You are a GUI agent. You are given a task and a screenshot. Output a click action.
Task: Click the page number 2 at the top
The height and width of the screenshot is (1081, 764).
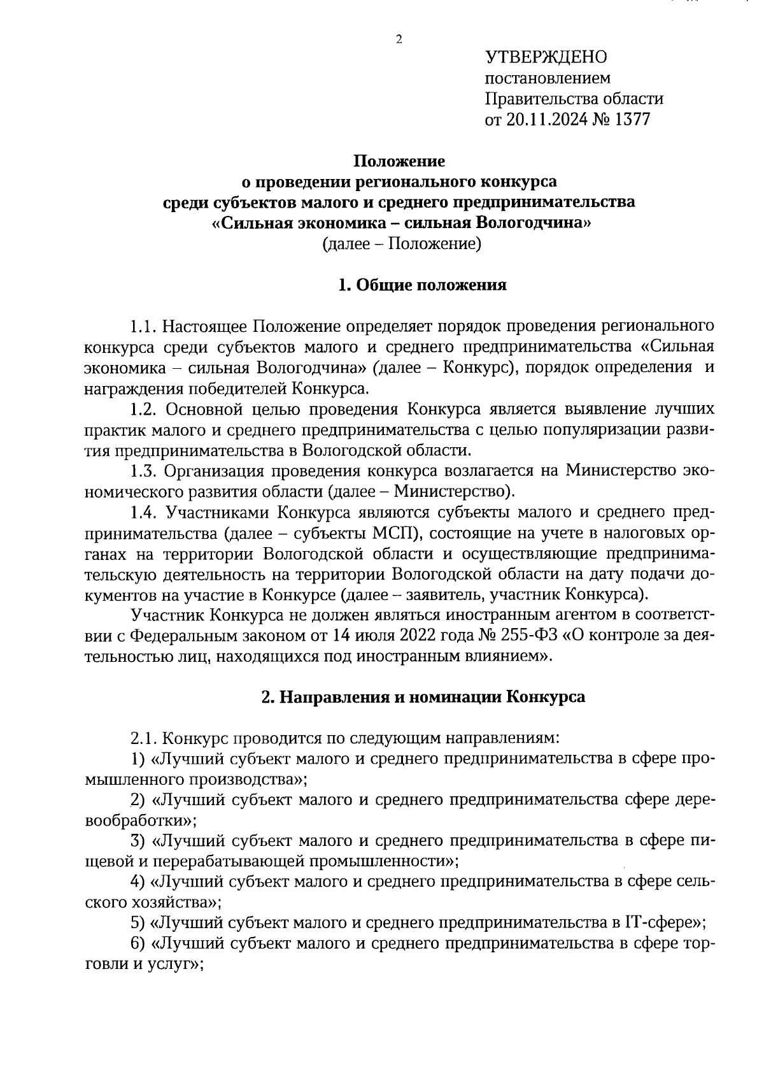point(399,40)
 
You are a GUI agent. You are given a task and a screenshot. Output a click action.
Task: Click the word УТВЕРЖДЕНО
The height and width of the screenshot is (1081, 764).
point(546,57)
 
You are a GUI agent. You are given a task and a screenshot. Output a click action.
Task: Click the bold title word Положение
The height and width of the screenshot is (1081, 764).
point(400,161)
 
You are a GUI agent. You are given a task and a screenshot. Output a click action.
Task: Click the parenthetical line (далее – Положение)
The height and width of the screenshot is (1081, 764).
point(401,244)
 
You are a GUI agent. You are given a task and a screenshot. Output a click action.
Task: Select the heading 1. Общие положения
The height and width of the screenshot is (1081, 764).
point(422,285)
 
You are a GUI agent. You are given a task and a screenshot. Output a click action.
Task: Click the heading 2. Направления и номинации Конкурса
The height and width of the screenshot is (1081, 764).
point(423,697)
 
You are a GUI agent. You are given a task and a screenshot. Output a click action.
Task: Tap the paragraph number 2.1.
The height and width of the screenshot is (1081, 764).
point(145,739)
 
